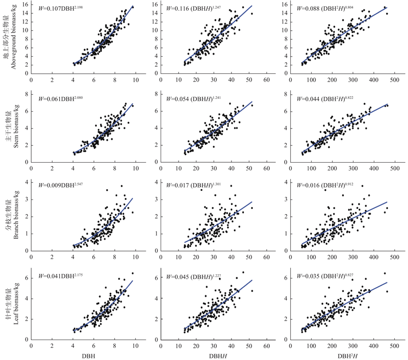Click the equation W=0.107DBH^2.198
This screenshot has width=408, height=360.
(x=63, y=8)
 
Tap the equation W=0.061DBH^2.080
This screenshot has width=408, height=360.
(x=63, y=97)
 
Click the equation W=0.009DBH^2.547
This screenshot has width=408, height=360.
(x=63, y=187)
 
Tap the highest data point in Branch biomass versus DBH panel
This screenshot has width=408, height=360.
(x=121, y=186)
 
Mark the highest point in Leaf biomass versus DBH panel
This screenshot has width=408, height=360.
(x=133, y=273)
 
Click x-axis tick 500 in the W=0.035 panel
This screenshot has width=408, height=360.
(x=394, y=345)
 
